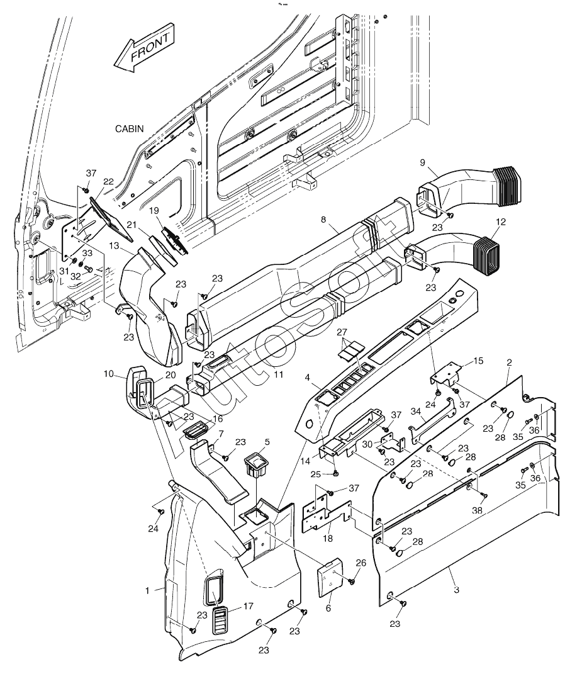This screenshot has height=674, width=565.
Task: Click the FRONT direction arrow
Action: [x=144, y=48]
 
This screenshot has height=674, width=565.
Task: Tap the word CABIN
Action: [x=130, y=128]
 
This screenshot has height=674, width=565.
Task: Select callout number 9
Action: [x=422, y=162]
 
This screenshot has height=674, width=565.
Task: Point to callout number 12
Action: [x=501, y=222]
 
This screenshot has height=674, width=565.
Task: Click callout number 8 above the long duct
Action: [x=323, y=220]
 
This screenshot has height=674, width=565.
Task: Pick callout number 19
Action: [x=154, y=211]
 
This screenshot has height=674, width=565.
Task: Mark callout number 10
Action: [x=108, y=374]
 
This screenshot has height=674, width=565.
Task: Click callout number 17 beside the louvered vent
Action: [x=249, y=607]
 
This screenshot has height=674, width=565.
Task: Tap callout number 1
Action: [x=147, y=590]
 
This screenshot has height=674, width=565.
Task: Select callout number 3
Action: [x=456, y=590]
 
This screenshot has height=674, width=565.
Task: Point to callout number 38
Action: [x=478, y=510]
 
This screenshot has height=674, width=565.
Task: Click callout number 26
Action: [x=361, y=563]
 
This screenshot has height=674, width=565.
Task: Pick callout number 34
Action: [x=415, y=412]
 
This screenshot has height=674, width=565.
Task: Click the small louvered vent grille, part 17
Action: [x=221, y=621]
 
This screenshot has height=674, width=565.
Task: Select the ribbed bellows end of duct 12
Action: [x=488, y=256]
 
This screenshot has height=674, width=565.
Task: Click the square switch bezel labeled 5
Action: [x=257, y=466]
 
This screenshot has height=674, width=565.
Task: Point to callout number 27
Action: [x=342, y=332]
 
